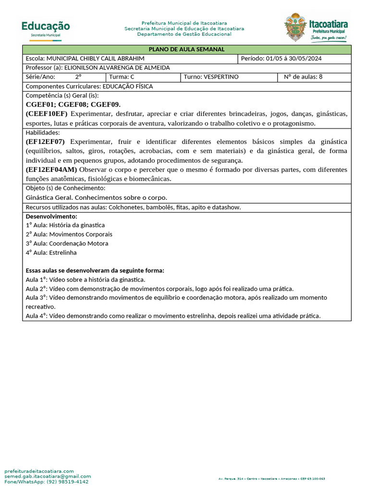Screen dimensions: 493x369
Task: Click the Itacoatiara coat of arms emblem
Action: (x=295, y=27)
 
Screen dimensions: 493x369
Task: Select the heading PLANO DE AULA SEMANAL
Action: (x=186, y=50)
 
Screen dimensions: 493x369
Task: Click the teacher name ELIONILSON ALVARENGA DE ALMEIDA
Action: (x=117, y=68)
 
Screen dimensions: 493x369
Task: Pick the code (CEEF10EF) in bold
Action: (x=47, y=114)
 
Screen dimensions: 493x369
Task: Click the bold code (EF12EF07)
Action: (x=45, y=142)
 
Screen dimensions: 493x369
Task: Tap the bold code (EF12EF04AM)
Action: (x=51, y=170)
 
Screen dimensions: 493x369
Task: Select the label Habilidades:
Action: (x=43, y=132)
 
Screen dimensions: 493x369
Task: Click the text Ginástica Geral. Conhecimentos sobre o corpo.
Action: (x=97, y=198)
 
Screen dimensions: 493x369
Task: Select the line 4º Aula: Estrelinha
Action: (x=51, y=253)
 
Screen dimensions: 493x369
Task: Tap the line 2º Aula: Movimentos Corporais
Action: (x=69, y=234)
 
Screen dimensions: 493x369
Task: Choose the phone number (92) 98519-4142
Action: (x=67, y=481)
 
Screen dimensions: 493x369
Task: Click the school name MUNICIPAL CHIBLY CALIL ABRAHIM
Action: (x=95, y=59)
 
